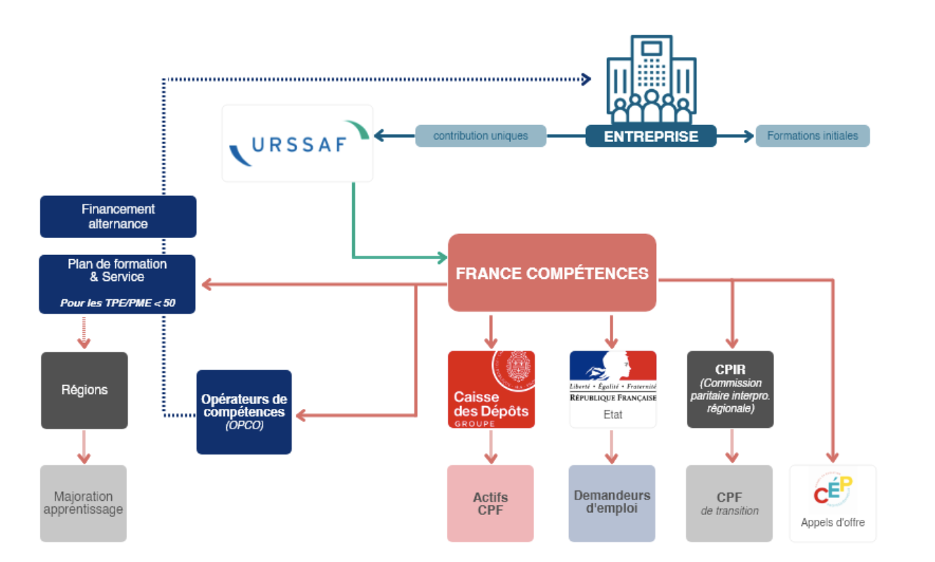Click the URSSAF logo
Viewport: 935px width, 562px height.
pos(297,143)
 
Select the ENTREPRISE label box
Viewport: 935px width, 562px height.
pos(650,136)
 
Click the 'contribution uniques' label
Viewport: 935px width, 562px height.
pos(480,136)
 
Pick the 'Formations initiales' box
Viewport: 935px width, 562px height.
pos(812,136)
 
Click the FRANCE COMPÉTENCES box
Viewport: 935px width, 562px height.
pos(552,273)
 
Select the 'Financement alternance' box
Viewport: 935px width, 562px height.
pos(118,216)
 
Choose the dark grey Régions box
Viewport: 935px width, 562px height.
pos(84,390)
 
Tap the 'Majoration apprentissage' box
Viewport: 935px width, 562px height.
pos(84,503)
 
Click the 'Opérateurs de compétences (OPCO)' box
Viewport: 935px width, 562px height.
pos(244,412)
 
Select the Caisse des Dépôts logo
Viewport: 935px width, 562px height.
pos(491,389)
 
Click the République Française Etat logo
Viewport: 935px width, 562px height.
pos(613,389)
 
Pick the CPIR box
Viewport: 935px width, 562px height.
pos(730,389)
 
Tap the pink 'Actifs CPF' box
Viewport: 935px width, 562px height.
pos(490,503)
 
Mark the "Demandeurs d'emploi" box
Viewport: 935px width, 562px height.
pos(612,503)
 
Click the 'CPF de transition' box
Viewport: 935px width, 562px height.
pos(729,503)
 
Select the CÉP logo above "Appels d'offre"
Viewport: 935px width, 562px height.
pos(833,490)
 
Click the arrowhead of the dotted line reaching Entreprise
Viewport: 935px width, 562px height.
pos(587,79)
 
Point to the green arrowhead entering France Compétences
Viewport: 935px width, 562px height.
pos(443,257)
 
